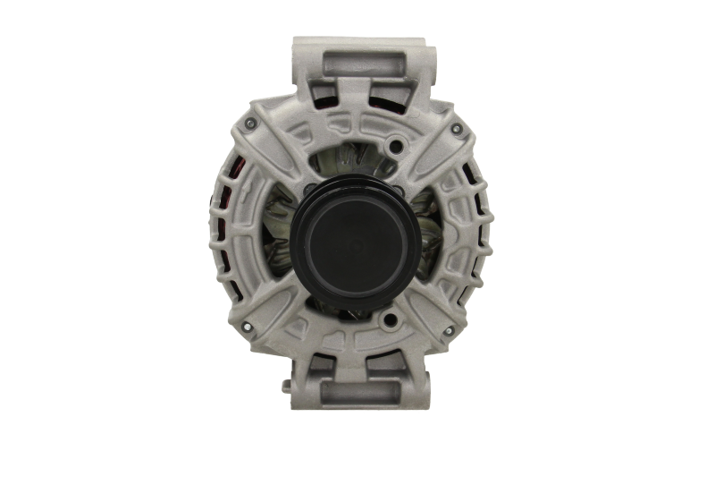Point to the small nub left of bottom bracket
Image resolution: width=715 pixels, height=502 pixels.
tap(286, 384)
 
